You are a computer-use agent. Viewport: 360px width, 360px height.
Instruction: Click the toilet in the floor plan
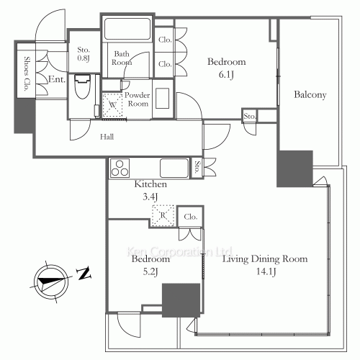[x=82, y=86]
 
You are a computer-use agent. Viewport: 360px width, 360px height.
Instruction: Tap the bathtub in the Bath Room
[x=127, y=29]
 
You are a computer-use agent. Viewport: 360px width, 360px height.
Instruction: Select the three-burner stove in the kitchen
[x=120, y=168]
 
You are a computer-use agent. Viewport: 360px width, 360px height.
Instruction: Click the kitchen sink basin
[x=174, y=168]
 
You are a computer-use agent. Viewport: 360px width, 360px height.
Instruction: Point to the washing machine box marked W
[x=112, y=105]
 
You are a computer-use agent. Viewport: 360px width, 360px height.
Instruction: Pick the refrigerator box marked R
[x=163, y=215]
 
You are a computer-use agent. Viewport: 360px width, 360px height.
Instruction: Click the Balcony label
[x=310, y=95]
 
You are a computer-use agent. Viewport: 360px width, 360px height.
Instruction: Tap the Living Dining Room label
[x=265, y=259]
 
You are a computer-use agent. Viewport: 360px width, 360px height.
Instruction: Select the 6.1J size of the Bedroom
[x=226, y=75]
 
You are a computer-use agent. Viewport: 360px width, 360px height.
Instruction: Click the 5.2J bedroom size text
[x=150, y=272]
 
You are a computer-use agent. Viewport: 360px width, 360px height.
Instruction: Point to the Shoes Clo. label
[x=27, y=74]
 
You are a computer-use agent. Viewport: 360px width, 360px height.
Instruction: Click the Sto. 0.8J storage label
[x=84, y=54]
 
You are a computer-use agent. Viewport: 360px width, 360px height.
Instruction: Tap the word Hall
[x=107, y=137]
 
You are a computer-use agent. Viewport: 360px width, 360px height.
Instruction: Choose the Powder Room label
[x=138, y=99]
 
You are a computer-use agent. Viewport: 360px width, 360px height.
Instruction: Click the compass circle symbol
[x=51, y=282]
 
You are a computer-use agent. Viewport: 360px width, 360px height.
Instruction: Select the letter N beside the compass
[x=84, y=273]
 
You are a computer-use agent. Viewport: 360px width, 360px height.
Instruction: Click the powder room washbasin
[x=163, y=99]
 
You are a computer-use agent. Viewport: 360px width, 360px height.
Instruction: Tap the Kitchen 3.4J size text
[x=150, y=197]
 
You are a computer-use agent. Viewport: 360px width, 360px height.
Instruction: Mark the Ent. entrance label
[x=57, y=79]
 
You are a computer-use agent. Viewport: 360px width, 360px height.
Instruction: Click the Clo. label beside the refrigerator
[x=191, y=217]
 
